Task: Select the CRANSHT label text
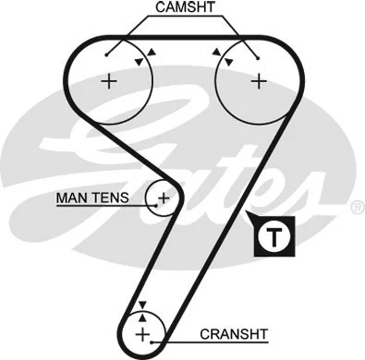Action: pos(235,333)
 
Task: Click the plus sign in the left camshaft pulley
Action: pos(110,80)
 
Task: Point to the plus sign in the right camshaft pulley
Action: pos(258,80)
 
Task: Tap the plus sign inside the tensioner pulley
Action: pos(164,197)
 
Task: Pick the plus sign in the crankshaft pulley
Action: pos(141,333)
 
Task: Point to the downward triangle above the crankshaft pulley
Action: pos(141,305)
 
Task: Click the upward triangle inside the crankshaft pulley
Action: pos(141,317)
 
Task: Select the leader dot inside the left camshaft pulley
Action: pos(108,54)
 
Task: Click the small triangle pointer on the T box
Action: pos(253,219)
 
